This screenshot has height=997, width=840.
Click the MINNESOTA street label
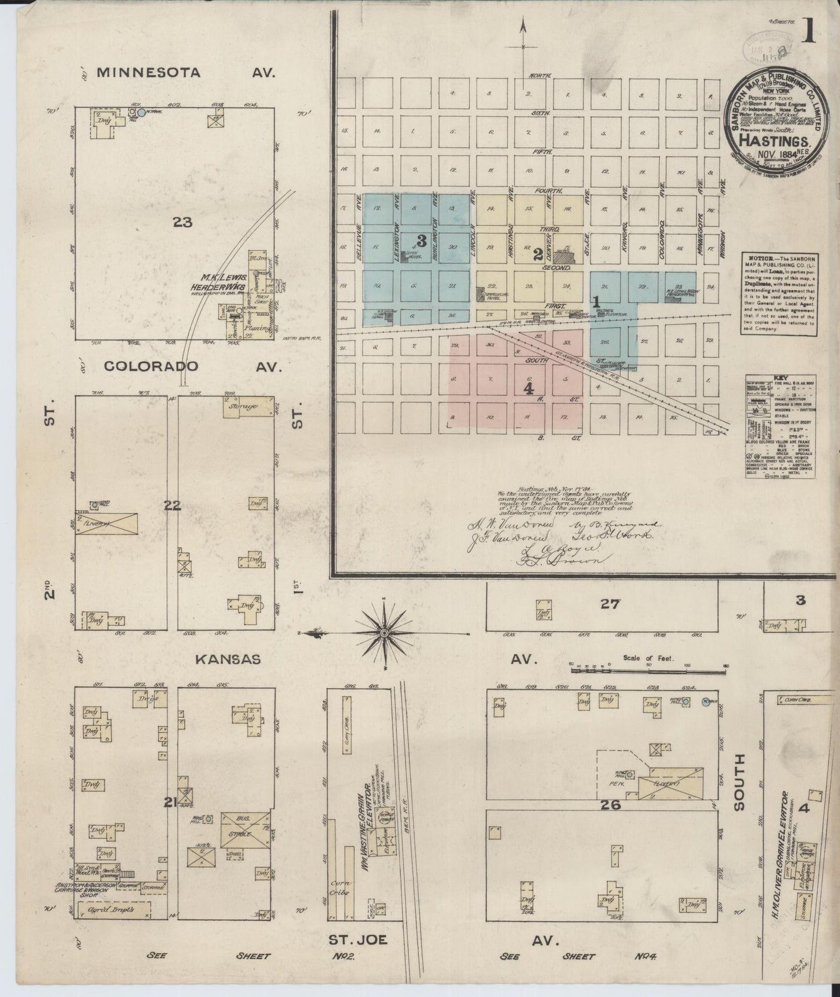point(148,73)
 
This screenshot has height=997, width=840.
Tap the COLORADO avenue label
point(151,366)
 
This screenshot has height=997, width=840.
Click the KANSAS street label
point(227,659)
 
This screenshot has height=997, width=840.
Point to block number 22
point(172,505)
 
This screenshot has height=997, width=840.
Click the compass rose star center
point(384,632)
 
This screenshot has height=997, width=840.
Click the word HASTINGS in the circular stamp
point(776,141)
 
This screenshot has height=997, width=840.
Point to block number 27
point(610,604)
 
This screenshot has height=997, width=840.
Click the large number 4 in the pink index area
point(528,389)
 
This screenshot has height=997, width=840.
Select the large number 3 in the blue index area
point(421,240)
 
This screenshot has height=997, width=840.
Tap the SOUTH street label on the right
point(738,782)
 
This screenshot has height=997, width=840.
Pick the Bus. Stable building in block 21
point(245,828)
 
